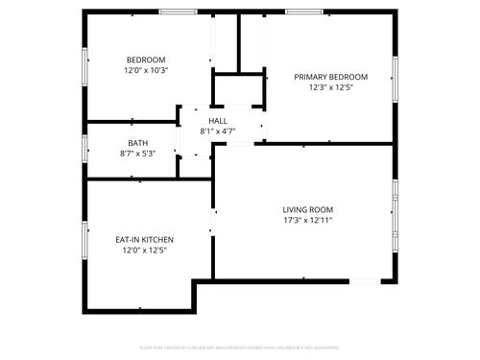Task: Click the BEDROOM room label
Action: pos(145,60)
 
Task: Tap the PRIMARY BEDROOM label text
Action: pos(330,77)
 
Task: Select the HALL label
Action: pos(217,121)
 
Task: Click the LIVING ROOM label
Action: pos(307,209)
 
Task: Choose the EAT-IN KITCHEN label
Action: pos(145,239)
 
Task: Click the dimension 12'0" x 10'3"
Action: pos(145,70)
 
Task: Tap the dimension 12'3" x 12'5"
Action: pos(330,87)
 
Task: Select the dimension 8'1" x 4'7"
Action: pos(217,132)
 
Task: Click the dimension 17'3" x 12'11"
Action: pos(307,220)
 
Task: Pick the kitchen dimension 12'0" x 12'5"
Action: pos(145,250)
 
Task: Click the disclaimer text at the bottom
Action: pos(239,348)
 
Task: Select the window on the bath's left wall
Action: pos(86,150)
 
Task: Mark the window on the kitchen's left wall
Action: pos(86,241)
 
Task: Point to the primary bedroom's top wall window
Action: pos(303,12)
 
